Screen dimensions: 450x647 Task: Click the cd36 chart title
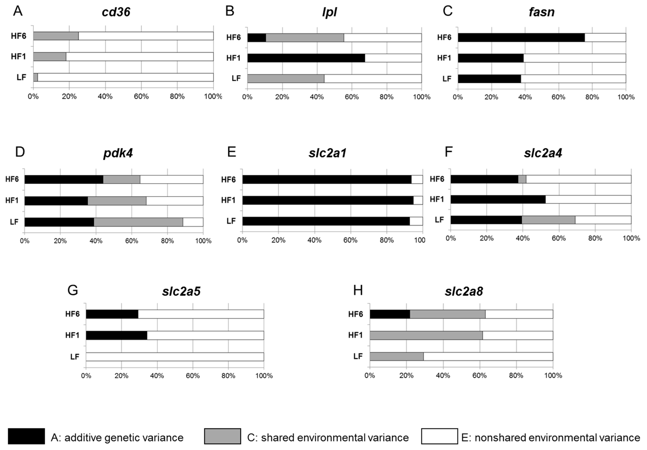pyautogui.click(x=116, y=12)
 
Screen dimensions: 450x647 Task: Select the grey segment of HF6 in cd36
pyautogui.click(x=56, y=36)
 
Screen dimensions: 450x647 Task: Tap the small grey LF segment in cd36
pyautogui.click(x=36, y=77)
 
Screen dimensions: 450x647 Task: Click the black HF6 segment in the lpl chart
pyautogui.click(x=256, y=38)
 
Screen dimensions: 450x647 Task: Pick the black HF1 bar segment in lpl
pyautogui.click(x=306, y=58)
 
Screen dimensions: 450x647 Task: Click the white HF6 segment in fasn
pyautogui.click(x=605, y=38)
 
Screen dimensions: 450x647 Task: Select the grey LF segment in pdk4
pyautogui.click(x=138, y=222)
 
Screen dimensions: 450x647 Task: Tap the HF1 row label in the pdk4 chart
pyautogui.click(x=12, y=200)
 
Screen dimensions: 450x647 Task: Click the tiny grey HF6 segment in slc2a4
pyautogui.click(x=522, y=179)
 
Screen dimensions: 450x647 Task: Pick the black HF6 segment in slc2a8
pyautogui.click(x=390, y=314)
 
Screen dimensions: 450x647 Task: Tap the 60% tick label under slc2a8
pyautogui.click(x=480, y=375)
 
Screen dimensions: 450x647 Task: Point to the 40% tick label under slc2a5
pyautogui.click(x=157, y=376)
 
